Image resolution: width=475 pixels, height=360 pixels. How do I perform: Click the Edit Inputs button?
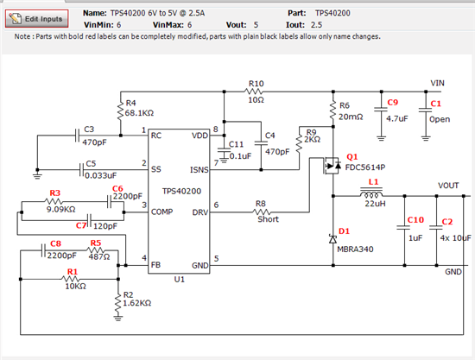click(x=36, y=19)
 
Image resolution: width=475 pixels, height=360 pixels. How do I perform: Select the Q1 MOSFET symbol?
click(x=332, y=166)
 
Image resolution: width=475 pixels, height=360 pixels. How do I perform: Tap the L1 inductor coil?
click(x=371, y=193)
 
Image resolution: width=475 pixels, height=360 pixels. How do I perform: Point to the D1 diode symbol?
click(x=332, y=239)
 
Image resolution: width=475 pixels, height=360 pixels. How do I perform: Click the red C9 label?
click(x=392, y=103)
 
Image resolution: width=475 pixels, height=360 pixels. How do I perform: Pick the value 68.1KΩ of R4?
click(x=139, y=113)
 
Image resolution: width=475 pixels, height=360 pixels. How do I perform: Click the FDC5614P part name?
click(x=365, y=167)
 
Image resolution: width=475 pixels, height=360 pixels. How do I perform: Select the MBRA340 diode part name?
click(x=355, y=249)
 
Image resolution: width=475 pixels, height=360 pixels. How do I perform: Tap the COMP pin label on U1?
click(x=162, y=212)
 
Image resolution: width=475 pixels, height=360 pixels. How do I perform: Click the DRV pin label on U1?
click(x=200, y=212)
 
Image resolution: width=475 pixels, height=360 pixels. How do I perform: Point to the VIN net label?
click(x=438, y=83)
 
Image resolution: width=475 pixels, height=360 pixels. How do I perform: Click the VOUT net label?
click(x=448, y=186)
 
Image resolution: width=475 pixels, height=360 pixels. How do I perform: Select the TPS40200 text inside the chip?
click(x=181, y=191)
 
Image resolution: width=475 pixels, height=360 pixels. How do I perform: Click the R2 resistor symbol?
click(x=118, y=302)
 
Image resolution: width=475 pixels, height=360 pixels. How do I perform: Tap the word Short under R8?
click(x=268, y=219)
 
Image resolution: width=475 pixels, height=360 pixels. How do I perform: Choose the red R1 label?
click(x=73, y=272)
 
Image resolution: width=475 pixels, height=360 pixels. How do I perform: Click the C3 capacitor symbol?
click(x=77, y=136)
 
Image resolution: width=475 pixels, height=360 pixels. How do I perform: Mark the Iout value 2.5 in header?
click(x=316, y=25)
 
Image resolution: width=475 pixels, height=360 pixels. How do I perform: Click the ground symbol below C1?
click(x=426, y=138)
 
